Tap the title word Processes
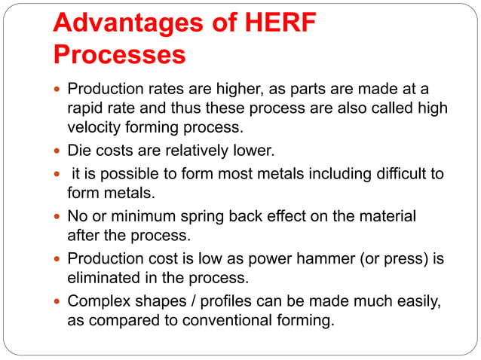click(119, 55)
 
